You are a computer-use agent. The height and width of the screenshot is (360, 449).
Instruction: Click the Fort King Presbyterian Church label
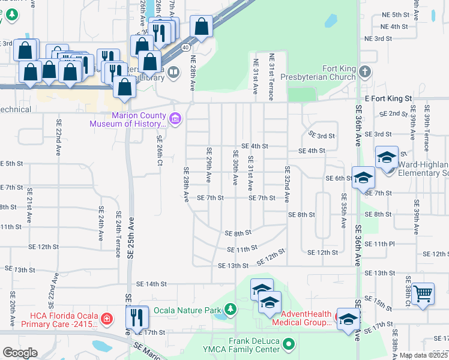323,73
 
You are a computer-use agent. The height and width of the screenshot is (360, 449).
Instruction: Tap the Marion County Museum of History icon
175,117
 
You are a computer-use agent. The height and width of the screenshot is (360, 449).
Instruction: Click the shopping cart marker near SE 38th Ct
423,293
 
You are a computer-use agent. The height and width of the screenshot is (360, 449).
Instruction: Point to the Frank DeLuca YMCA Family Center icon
289,344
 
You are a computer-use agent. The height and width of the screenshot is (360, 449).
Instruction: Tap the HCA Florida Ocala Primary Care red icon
106,318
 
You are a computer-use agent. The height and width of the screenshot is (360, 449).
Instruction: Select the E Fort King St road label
388,98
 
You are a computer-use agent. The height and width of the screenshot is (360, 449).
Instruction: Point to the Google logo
20,353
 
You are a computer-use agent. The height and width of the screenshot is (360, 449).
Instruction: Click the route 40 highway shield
185,47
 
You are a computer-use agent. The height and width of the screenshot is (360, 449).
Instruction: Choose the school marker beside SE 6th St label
363,178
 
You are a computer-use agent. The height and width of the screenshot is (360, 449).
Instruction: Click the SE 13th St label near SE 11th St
233,265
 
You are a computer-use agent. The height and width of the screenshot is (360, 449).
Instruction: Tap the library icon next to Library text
173,73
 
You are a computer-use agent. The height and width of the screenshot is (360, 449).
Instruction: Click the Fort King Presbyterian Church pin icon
365,73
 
